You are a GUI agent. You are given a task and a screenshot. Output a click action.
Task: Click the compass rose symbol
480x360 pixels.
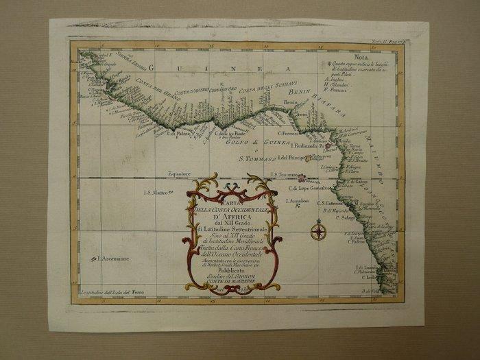(x=318, y=231)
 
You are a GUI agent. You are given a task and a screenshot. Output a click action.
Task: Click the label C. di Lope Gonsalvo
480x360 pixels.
(x=312, y=188)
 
